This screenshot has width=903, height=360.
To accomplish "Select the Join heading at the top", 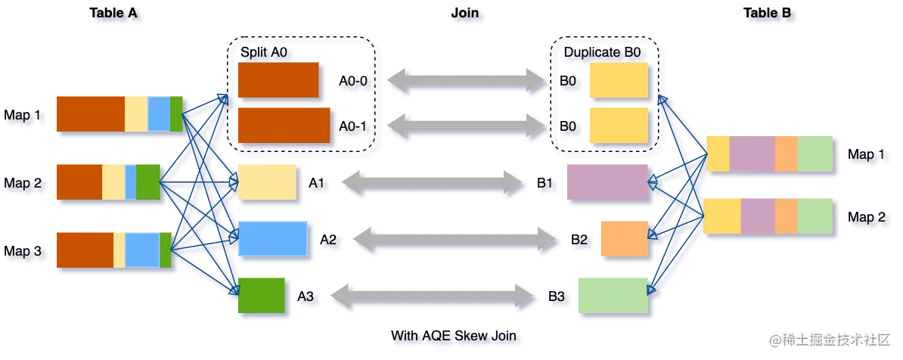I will [x=469, y=14].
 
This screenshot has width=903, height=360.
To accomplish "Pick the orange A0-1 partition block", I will [x=284, y=125].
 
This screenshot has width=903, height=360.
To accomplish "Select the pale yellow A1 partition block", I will [x=266, y=182].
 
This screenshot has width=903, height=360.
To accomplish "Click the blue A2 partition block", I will [x=273, y=239].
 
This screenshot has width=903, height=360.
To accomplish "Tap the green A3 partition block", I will [x=262, y=296].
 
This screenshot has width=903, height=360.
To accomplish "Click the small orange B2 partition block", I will [x=625, y=240].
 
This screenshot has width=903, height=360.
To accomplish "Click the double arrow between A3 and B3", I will [x=434, y=296].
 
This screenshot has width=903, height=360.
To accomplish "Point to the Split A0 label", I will [x=265, y=52].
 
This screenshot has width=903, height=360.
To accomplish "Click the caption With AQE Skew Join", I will [x=456, y=335].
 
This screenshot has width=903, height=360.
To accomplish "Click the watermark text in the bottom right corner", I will [x=833, y=338].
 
